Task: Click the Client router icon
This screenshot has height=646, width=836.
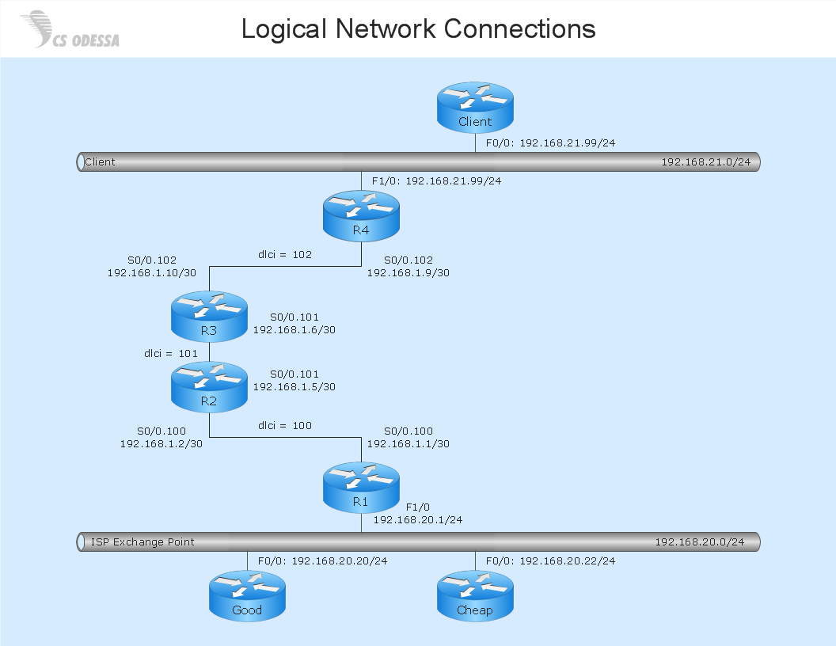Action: coord(475,107)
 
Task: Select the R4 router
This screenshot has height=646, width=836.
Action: coord(361,215)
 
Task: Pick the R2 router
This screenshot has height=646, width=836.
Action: coord(209,386)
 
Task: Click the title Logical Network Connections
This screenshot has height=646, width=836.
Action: coord(418,29)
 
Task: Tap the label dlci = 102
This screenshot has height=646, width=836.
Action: coord(285,255)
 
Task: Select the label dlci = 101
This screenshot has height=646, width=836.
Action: coord(169,353)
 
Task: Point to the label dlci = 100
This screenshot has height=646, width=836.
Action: coord(285,426)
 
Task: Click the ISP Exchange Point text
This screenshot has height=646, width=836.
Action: coord(142,542)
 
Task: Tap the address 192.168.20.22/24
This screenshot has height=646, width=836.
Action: coord(567,561)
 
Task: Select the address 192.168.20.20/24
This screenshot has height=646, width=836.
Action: coord(339,561)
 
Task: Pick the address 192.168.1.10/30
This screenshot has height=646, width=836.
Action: coord(152,272)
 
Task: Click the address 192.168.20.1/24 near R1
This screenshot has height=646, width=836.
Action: coord(417,520)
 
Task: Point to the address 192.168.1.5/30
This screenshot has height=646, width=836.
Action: coord(294,387)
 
